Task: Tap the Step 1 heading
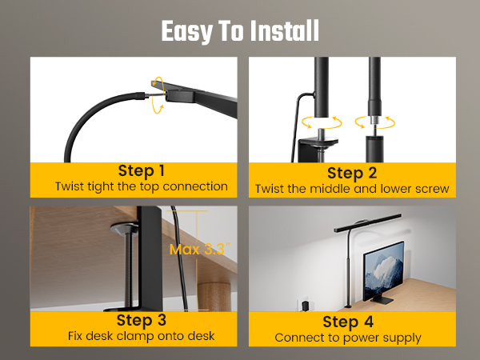click(141, 170)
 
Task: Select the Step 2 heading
click(351, 173)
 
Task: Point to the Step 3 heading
click(141, 321)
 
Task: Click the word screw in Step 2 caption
click(431, 190)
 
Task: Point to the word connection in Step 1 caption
click(199, 186)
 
